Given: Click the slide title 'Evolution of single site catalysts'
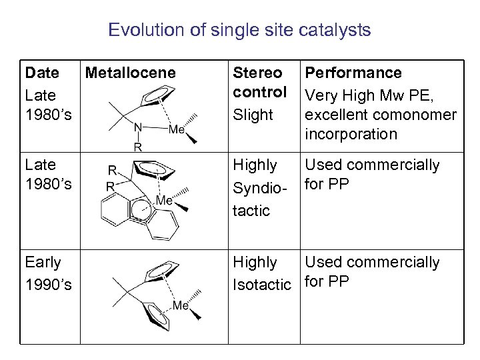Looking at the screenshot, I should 239,31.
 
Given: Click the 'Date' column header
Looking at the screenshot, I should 41,73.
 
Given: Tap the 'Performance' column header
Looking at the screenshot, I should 353,73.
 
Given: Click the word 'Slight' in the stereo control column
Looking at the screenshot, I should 253,115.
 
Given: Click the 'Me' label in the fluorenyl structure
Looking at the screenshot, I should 165,200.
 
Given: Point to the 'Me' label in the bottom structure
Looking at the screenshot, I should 181,306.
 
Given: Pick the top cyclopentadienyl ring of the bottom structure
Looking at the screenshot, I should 161,271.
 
